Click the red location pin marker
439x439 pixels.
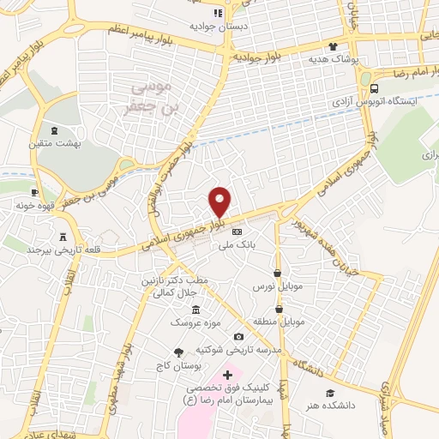[220, 201]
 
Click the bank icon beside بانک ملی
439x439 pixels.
[238, 232]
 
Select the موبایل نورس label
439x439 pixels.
[274, 284]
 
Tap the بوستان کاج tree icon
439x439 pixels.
[178, 352]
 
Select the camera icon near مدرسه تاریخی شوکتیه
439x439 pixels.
[238, 336]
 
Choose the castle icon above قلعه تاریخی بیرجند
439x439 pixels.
[64, 237]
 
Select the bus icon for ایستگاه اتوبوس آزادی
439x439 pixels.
[374, 88]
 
